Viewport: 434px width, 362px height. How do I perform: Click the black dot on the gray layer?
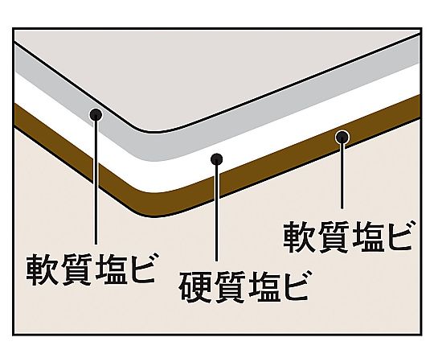pos(96,114)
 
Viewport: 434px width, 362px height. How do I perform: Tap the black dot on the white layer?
pos(216,159)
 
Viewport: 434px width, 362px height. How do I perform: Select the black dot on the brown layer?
pos(342,137)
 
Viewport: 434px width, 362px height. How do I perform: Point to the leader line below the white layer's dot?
pos(217,212)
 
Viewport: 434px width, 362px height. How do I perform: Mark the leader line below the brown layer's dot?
pos(342,175)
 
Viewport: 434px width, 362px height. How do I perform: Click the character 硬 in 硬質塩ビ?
pos(194,286)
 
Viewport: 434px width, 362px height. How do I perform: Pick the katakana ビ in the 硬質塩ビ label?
pos(294,286)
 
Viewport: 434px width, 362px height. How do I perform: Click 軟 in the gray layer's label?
pos(42,269)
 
